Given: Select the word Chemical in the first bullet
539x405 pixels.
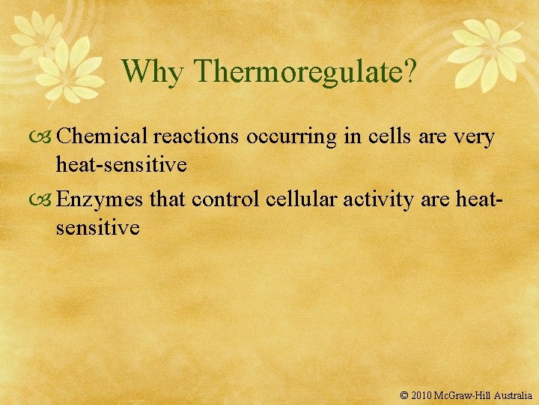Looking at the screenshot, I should click(103, 136).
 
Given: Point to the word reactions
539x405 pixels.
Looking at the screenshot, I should click(197, 136).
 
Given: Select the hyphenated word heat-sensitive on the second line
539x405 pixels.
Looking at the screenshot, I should click(121, 164).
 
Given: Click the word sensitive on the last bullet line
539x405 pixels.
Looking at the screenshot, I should click(97, 227).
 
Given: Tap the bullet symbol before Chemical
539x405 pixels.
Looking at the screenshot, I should click(45, 137).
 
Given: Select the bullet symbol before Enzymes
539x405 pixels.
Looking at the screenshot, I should click(45, 200).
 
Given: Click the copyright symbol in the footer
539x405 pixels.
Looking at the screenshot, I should click(405, 394).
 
